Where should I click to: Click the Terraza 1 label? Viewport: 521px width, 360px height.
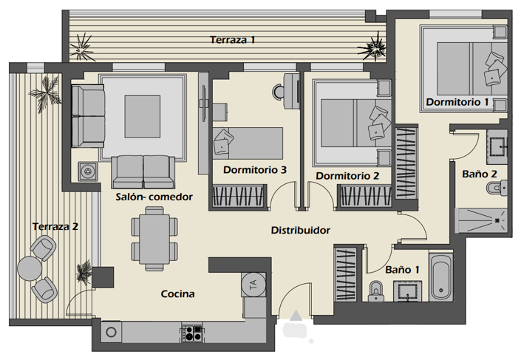point(232,40)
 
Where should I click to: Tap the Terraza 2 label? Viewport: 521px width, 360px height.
point(55,226)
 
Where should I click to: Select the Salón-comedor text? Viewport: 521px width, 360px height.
point(154,197)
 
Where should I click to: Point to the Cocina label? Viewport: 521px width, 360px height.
point(178,293)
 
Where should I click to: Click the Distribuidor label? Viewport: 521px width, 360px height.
point(299,231)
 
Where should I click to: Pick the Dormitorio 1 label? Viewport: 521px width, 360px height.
point(457,101)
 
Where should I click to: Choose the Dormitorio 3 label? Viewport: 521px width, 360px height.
point(255,170)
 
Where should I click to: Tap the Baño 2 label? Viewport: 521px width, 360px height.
point(479,174)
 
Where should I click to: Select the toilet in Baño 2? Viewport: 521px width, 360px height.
point(494,190)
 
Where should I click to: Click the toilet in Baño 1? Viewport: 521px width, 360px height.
point(375,292)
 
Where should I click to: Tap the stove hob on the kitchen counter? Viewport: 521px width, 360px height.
point(191,333)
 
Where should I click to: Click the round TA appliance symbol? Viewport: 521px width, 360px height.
point(252,283)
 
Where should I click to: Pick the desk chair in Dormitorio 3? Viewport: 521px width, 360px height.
point(280,91)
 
